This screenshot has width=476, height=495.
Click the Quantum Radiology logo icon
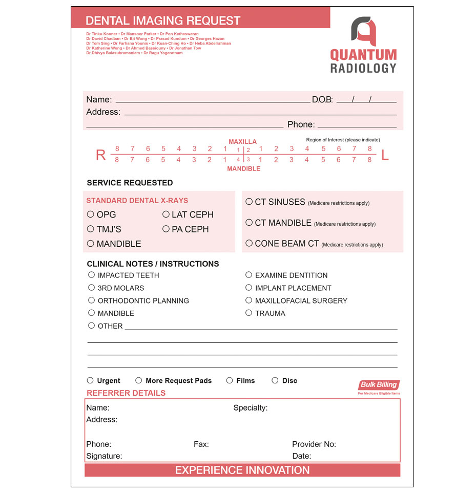[x=363, y=31]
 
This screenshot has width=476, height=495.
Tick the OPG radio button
[x=91, y=214]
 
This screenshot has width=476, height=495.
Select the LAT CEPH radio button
[x=166, y=214]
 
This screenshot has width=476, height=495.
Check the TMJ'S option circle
[x=91, y=229]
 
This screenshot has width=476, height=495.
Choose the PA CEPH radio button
[x=166, y=229]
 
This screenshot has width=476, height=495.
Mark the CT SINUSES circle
[x=249, y=202]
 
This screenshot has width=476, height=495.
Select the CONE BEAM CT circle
[x=249, y=243]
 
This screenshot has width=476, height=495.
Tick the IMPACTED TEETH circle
[x=91, y=275]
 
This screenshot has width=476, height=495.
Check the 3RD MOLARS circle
[x=91, y=288]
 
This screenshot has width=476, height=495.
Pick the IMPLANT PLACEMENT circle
[x=249, y=288]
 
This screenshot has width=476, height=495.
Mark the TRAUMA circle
[x=249, y=313]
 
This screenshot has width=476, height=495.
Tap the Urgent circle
[x=90, y=380]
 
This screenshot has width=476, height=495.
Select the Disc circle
[x=275, y=380]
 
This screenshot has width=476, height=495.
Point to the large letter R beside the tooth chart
[x=101, y=155]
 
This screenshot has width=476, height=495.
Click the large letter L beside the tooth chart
[x=385, y=155]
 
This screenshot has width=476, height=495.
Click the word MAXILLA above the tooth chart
[x=243, y=142]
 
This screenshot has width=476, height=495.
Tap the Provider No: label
[x=314, y=444]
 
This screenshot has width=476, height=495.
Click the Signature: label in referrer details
[x=104, y=456]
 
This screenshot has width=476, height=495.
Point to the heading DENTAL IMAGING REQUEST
[x=163, y=20]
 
